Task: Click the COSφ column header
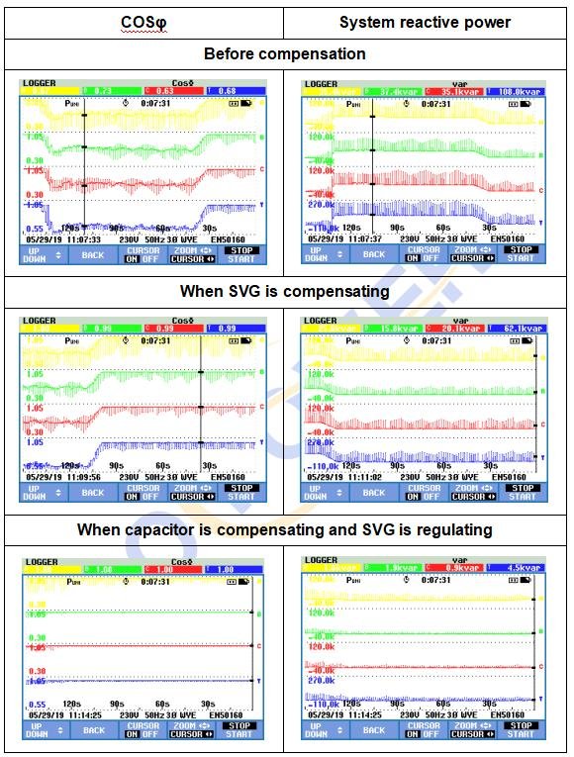143,22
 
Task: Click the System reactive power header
425,22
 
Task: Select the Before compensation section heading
285,53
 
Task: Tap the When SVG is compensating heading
285,292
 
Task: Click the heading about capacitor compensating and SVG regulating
285,530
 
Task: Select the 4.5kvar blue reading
518,568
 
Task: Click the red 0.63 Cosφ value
168,90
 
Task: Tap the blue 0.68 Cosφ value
228,90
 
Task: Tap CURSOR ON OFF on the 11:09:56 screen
143,492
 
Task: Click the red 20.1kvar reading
460,329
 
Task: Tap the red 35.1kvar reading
460,90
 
